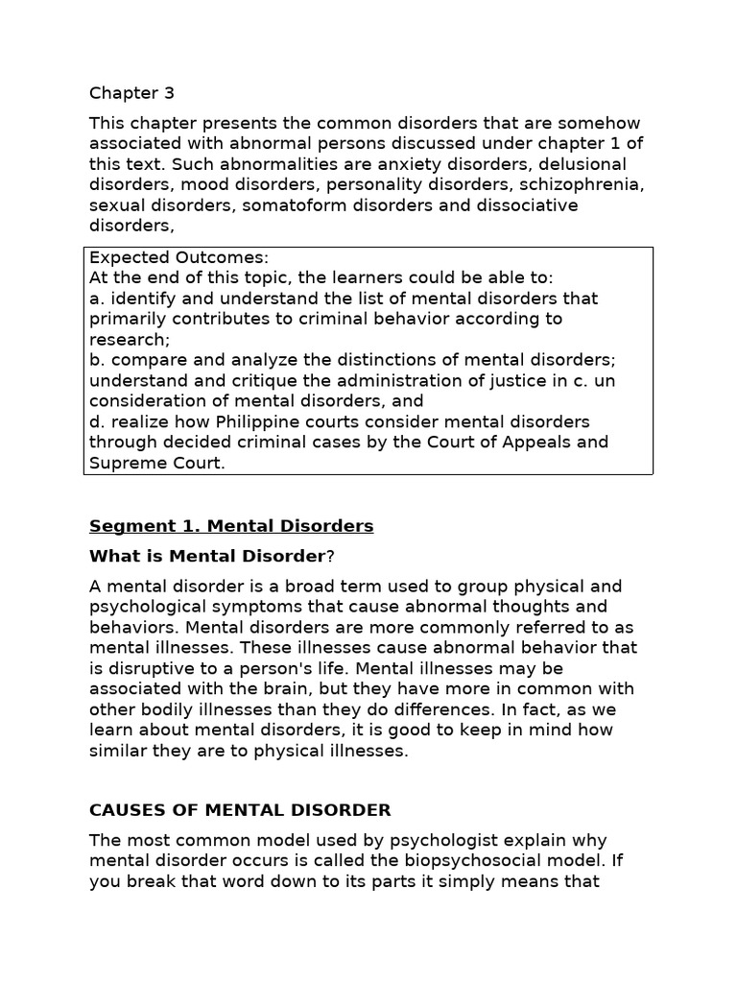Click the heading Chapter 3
click(x=132, y=93)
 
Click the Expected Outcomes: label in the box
click(x=179, y=257)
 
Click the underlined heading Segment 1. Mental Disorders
click(x=231, y=526)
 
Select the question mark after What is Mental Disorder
click(x=330, y=556)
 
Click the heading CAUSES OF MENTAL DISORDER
click(x=240, y=810)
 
